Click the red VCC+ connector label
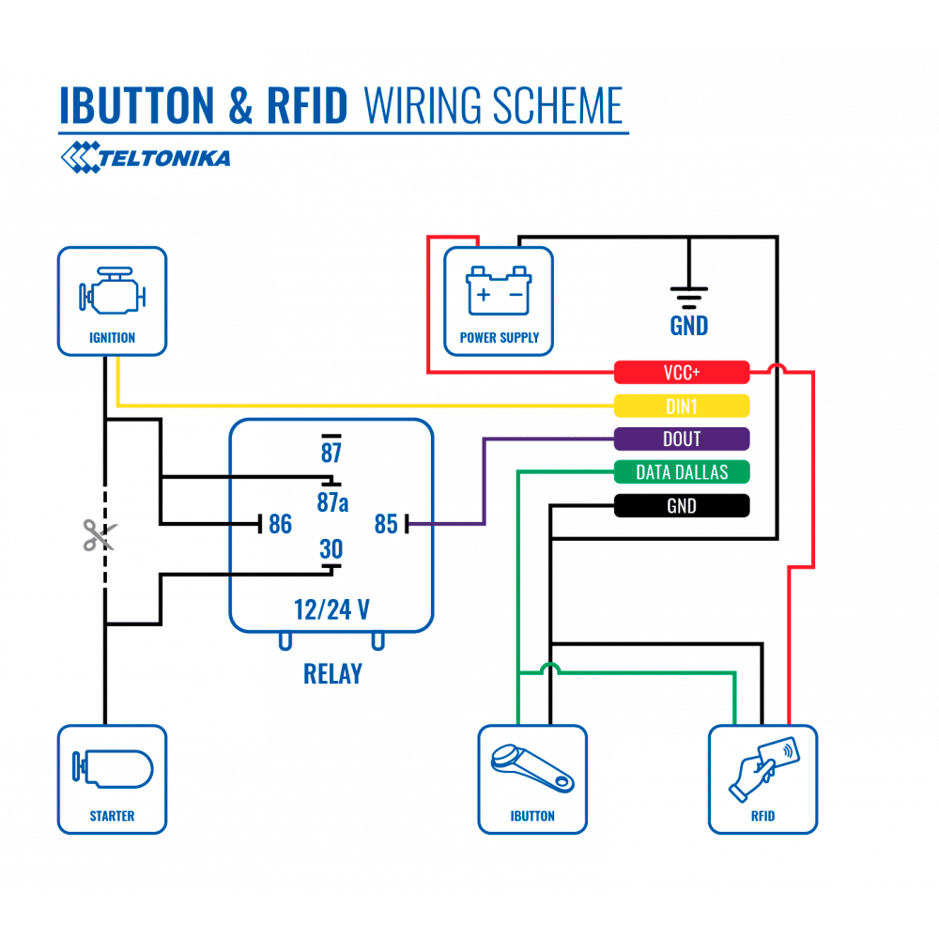[x=682, y=373]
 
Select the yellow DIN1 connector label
[x=682, y=406]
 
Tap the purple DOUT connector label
[x=682, y=439]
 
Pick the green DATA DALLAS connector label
[x=682, y=472]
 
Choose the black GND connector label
[x=682, y=506]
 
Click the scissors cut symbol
[x=98, y=536]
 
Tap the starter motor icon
[x=112, y=770]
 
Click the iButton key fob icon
[x=531, y=769]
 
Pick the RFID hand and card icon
[x=762, y=769]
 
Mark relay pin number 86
[x=280, y=524]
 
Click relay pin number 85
[x=386, y=524]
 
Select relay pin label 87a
[x=331, y=502]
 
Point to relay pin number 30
[x=331, y=549]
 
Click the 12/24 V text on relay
[x=331, y=609]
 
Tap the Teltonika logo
[x=146, y=157]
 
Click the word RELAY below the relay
[x=332, y=673]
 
